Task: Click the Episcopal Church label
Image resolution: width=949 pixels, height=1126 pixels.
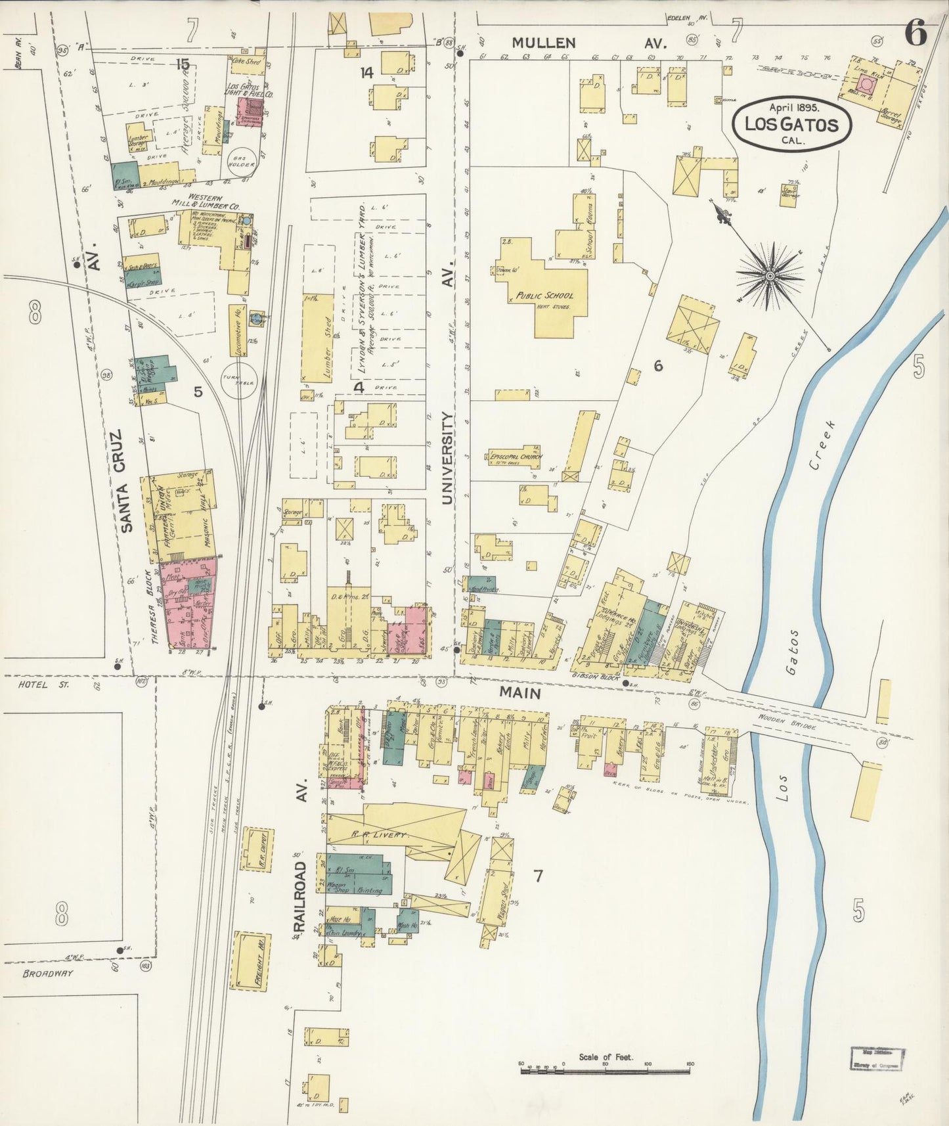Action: [516, 457]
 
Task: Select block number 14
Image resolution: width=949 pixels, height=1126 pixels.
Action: [366, 72]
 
